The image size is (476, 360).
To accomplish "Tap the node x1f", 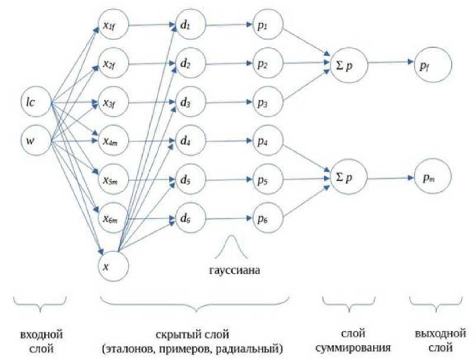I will pyautogui.click(x=113, y=26).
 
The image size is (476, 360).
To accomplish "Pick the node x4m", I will pyautogui.click(x=113, y=142).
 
